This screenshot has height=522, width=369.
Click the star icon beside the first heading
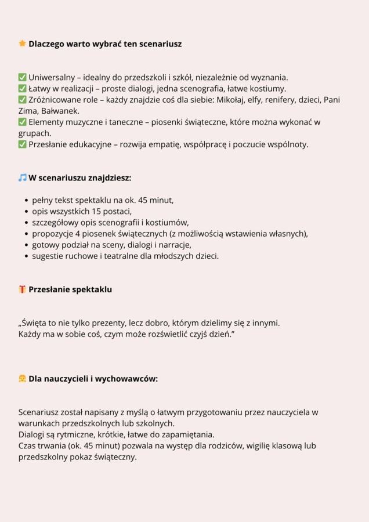click(22, 43)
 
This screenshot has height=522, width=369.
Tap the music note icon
click(22, 177)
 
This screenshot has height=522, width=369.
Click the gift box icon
click(22, 289)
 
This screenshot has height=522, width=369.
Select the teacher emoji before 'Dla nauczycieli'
click(22, 379)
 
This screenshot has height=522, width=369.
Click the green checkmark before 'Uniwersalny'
click(22, 77)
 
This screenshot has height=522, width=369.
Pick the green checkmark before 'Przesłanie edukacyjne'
click(22, 144)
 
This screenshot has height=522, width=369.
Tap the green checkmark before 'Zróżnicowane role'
click(22, 100)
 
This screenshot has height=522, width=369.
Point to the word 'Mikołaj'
click(231, 100)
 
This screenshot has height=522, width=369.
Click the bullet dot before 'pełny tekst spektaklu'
click(27, 201)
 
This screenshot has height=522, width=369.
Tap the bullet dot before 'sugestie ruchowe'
click(27, 256)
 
